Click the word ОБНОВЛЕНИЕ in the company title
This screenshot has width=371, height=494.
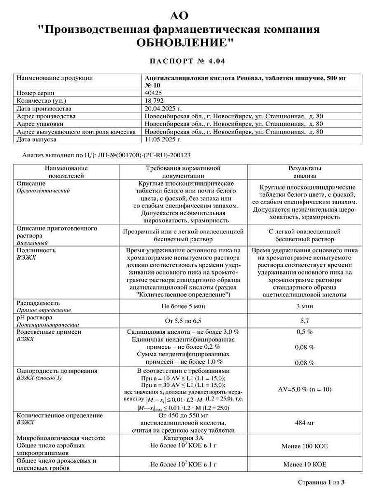point(185,42)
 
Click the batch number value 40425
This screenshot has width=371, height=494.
point(154,93)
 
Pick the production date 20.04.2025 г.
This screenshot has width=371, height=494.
point(163,109)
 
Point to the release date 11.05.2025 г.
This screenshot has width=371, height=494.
point(163,139)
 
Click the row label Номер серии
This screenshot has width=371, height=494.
point(36,93)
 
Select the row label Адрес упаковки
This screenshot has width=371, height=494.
point(41,124)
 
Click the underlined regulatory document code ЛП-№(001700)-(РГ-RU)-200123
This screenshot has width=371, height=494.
point(144,156)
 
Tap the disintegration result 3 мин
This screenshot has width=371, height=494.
point(304,306)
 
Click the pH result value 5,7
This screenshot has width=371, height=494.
point(304,321)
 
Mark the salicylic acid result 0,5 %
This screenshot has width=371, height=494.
point(304,332)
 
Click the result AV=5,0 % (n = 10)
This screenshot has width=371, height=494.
point(304,389)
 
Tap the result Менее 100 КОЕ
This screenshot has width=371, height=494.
point(304,446)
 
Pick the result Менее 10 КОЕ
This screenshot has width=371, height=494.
point(304,465)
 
